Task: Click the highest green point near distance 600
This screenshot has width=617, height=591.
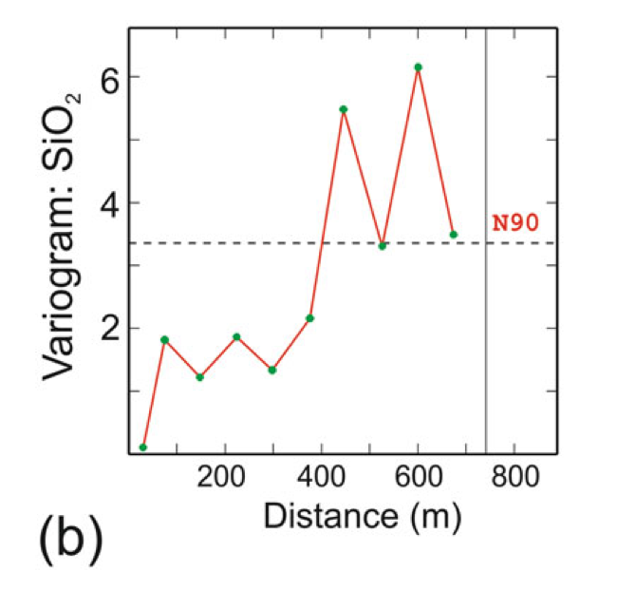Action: pos(418,67)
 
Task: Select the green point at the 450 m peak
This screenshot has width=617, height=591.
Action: pos(344,109)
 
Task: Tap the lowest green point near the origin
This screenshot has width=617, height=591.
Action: pos(143,447)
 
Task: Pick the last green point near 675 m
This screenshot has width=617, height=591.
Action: pos(454,235)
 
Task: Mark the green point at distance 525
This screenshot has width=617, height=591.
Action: pos(382,246)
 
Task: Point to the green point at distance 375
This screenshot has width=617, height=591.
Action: pos(309,317)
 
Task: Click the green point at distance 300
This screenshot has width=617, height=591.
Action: pos(272,370)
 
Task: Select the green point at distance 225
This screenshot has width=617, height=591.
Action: pos(236,336)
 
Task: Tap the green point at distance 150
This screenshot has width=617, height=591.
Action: pos(200,377)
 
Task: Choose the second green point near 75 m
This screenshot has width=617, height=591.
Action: pos(164,339)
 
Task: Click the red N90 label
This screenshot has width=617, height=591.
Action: pos(515,224)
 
